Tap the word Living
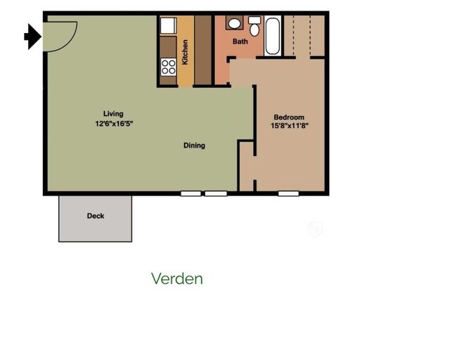[x=113, y=114]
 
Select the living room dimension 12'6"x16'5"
[x=114, y=124]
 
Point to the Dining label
[x=194, y=146]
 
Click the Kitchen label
[x=185, y=52]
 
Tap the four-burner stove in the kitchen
[x=169, y=67]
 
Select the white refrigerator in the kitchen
[x=168, y=26]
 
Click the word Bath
[x=240, y=41]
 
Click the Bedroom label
[x=289, y=117]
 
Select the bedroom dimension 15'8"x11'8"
[x=290, y=126]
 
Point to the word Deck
[x=96, y=216]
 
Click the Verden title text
[x=177, y=278]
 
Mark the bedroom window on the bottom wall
[x=287, y=193]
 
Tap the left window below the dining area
[x=191, y=193]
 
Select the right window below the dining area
[x=216, y=193]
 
